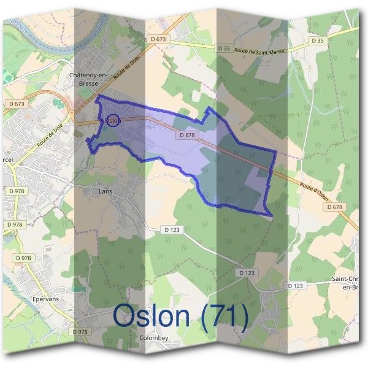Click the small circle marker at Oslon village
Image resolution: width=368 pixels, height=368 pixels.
coord(112,120)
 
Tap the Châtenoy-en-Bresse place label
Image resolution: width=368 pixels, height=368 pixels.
coord(89,79)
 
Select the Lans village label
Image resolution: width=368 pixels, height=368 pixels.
coord(105,191)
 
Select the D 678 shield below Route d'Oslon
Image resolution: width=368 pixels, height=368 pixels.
coord(335,207)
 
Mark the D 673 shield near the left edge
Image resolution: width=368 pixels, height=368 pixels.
coord(18,104)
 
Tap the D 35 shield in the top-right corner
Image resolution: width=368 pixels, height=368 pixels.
coord(317,40)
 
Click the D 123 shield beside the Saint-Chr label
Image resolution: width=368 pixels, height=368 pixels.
coord(295,286)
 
